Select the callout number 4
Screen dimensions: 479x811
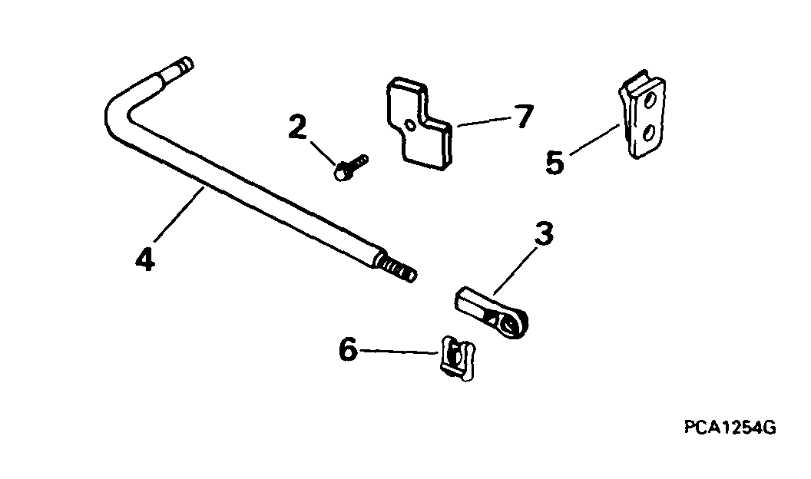(144, 259)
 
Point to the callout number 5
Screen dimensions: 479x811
(554, 162)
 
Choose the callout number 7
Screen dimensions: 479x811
(521, 117)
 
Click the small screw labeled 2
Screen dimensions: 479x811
(350, 167)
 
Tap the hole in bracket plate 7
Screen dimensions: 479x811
(411, 124)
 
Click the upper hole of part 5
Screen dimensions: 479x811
(650, 102)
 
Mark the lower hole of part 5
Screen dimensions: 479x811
(649, 134)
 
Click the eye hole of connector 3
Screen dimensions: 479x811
(509, 325)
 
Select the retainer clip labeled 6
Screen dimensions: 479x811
(456, 356)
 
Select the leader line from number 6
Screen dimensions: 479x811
(399, 352)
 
